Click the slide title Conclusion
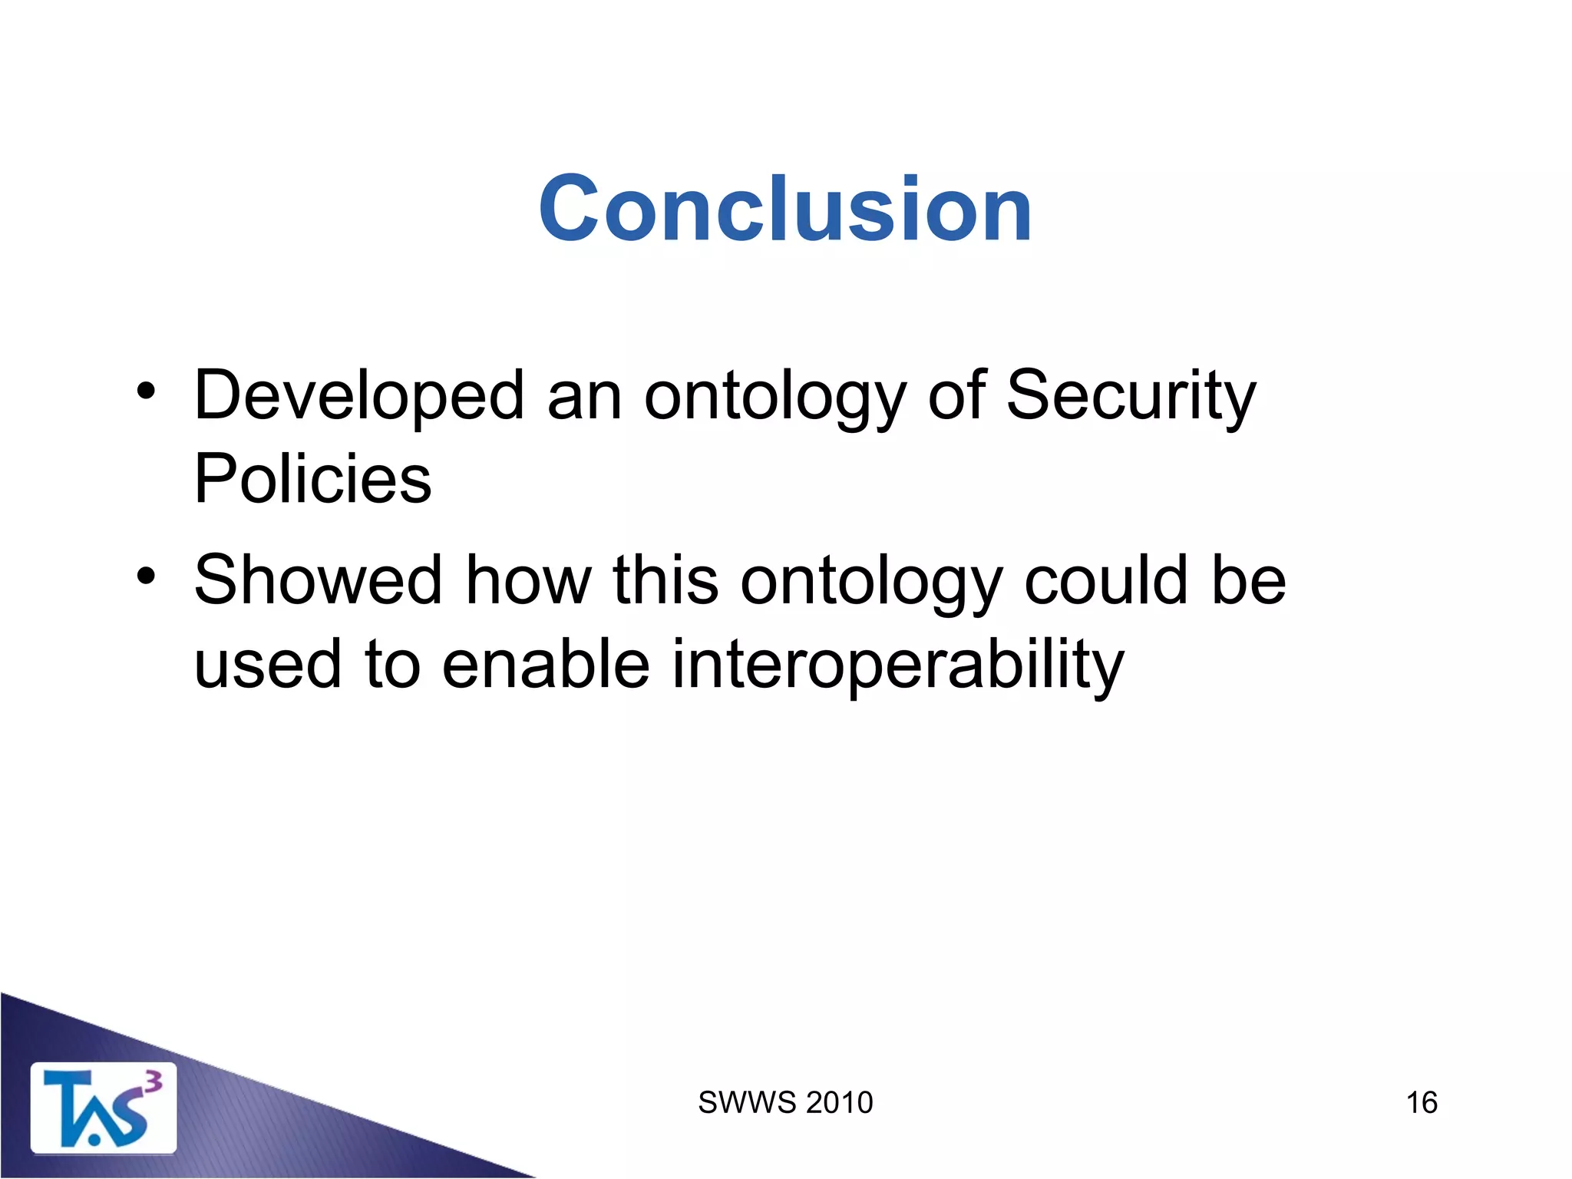point(785,209)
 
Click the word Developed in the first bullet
point(359,396)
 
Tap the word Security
point(1131,396)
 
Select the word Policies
point(312,479)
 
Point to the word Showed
point(319,580)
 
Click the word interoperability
point(897,665)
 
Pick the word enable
point(546,665)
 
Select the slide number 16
point(1421,1103)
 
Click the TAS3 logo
point(103,1108)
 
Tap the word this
point(665,580)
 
